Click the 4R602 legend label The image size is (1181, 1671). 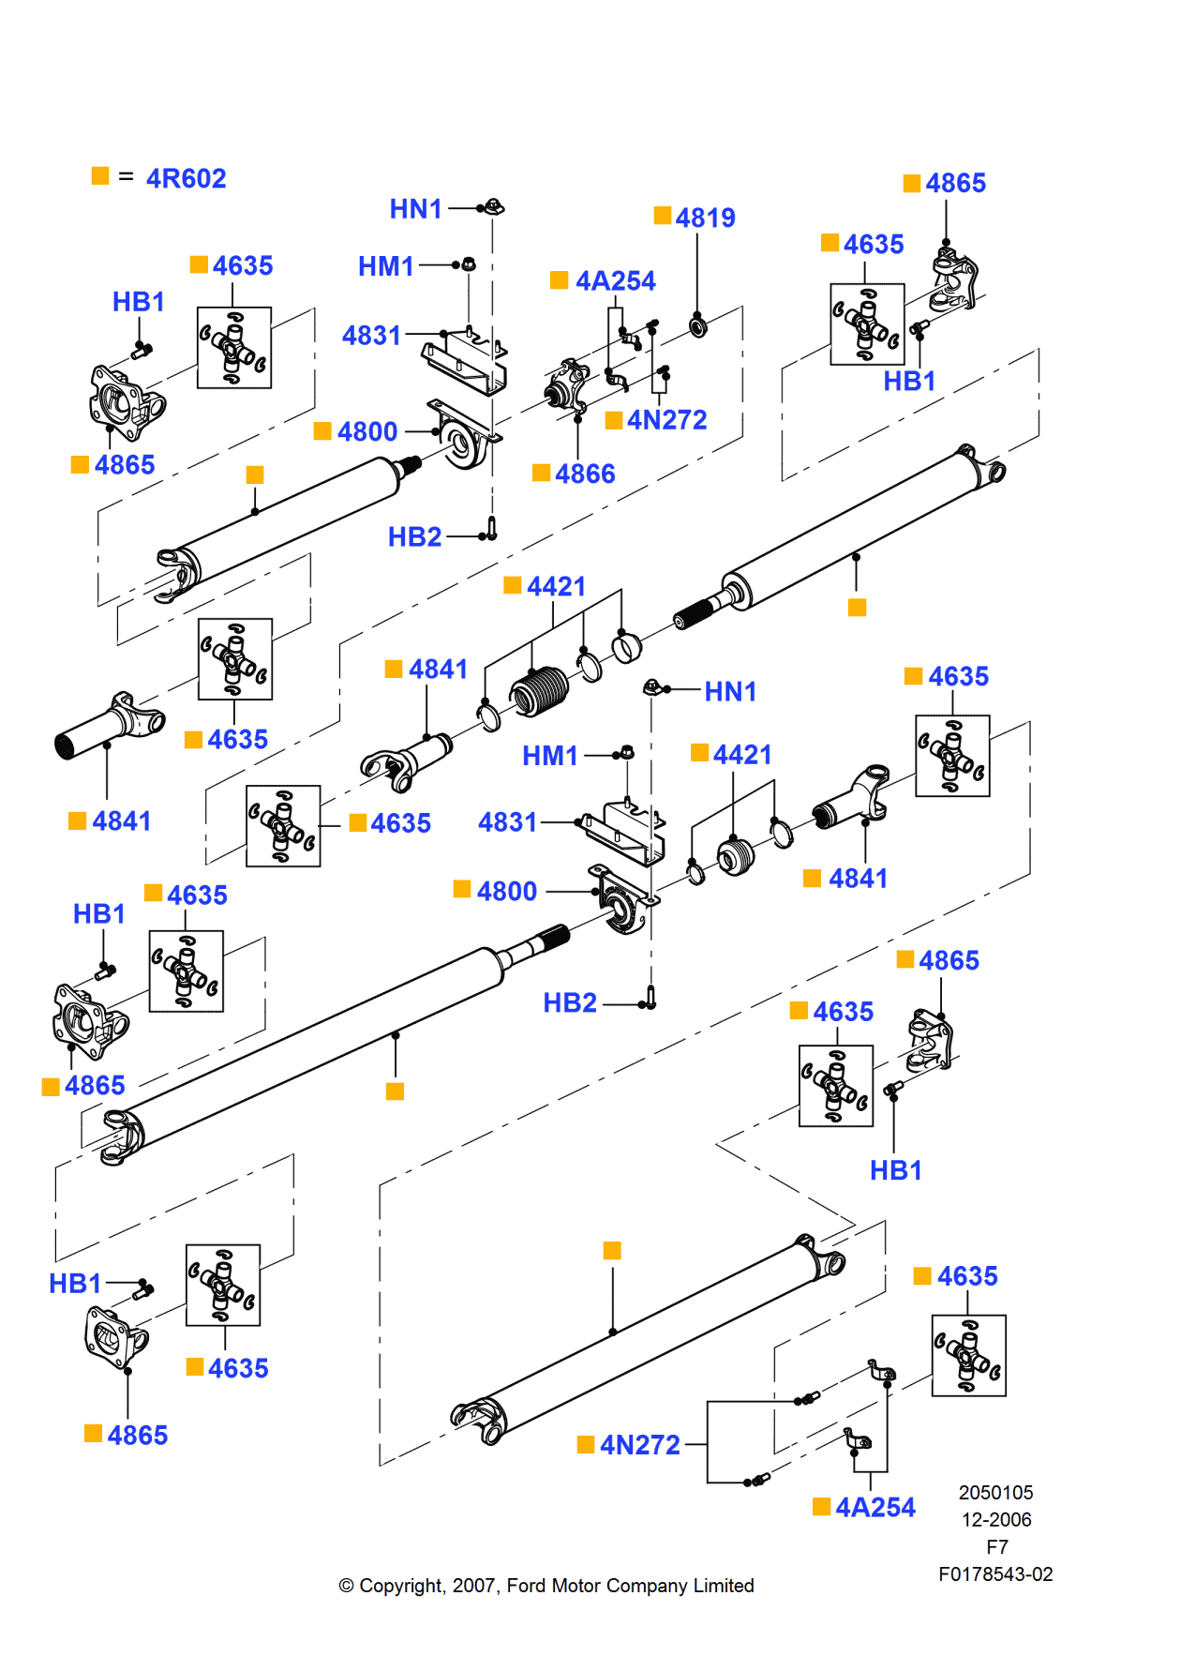(x=186, y=178)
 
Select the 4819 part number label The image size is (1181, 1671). (x=705, y=218)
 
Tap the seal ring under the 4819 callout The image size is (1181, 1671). (x=697, y=326)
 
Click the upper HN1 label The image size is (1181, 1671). (x=415, y=208)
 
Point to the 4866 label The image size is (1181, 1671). (x=584, y=474)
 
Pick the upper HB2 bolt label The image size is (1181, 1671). (x=414, y=536)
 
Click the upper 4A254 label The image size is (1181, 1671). (x=615, y=280)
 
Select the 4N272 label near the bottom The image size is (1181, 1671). (x=639, y=1445)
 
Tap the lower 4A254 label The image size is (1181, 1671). (x=875, y=1507)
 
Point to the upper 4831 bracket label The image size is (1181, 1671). (x=371, y=335)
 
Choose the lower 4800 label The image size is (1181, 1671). (x=506, y=891)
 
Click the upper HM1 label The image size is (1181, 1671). (x=385, y=266)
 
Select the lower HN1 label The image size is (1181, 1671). (x=729, y=691)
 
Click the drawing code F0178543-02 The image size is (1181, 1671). (x=995, y=1574)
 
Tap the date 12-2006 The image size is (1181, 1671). (x=995, y=1520)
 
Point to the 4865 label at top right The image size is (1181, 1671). (x=955, y=183)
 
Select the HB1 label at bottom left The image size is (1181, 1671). (x=75, y=1283)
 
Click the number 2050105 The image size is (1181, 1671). (x=995, y=1493)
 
